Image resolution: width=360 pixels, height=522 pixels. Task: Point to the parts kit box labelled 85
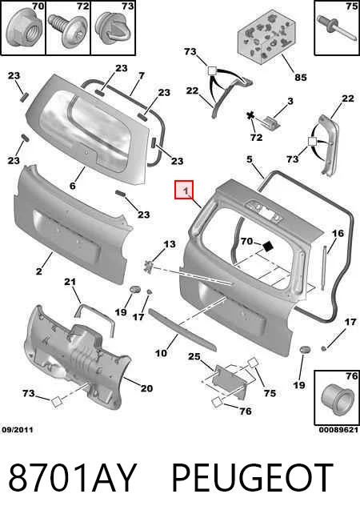[x=266, y=37]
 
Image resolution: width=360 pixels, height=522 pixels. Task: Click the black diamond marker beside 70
[x=267, y=247]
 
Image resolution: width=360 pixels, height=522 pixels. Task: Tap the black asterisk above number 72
[x=250, y=116]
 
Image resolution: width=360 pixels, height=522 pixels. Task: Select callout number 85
[x=301, y=77]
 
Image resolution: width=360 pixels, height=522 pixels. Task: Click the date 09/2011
[x=18, y=430]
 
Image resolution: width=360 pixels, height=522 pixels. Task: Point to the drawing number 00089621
[x=338, y=430]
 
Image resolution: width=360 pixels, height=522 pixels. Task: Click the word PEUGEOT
[x=252, y=478]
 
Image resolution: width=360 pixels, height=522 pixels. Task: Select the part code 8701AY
[x=73, y=478]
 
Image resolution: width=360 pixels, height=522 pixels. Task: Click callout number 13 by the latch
[x=169, y=244]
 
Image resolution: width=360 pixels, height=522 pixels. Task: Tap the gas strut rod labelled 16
[x=324, y=268]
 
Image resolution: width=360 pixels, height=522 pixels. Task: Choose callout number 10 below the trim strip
[x=161, y=353]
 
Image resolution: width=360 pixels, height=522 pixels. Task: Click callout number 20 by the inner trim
[x=146, y=388]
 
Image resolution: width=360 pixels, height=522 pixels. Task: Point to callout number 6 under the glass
[x=73, y=186]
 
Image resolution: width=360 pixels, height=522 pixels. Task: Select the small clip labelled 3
[x=272, y=122]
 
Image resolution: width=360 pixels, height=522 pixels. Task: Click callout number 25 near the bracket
[x=194, y=356]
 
